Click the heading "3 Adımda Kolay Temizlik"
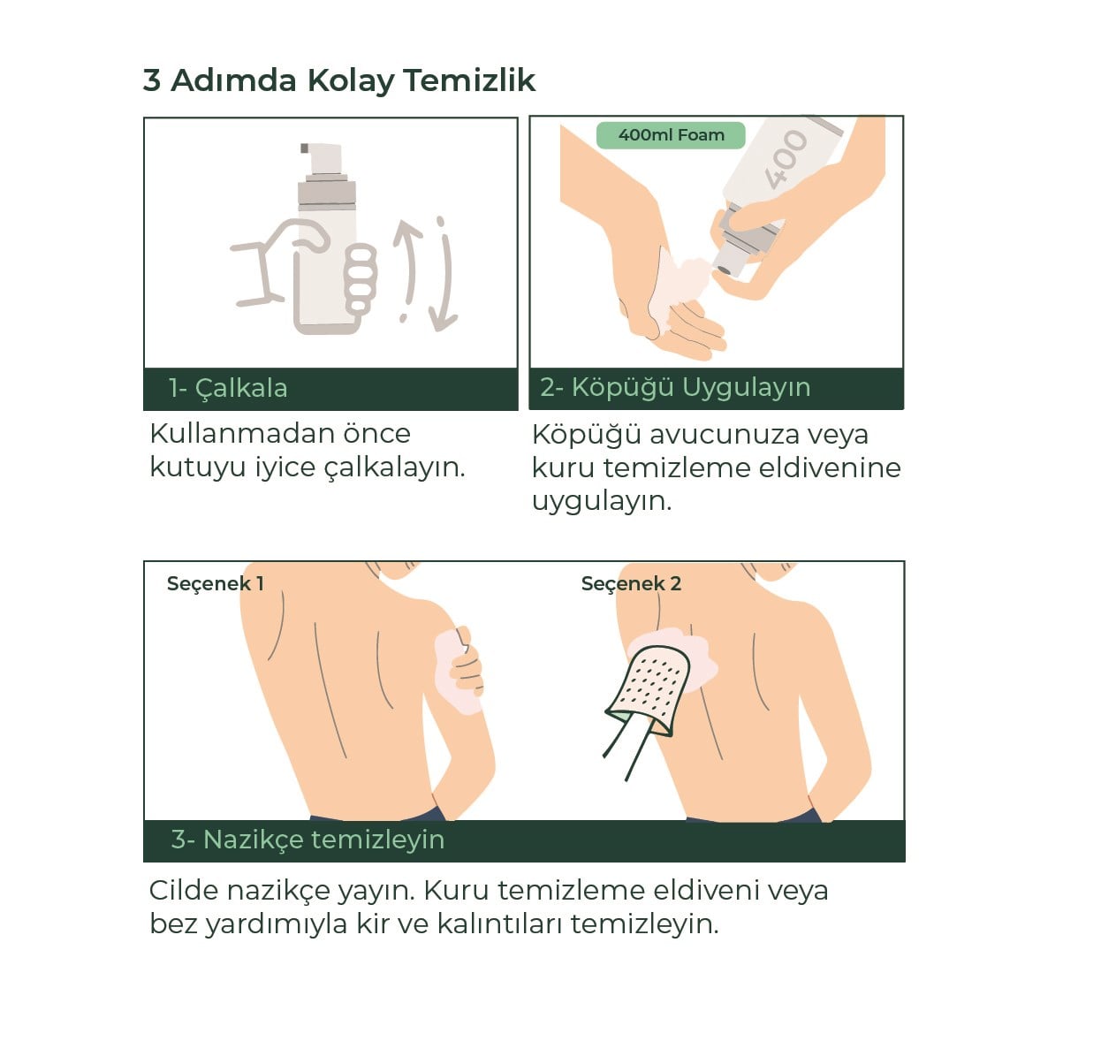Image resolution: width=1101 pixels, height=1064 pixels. coord(338,81)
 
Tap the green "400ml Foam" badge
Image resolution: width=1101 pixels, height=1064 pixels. coord(671,135)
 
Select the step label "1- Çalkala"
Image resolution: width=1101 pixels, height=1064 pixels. coord(228,388)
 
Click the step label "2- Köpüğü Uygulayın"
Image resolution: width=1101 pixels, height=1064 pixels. coord(675,388)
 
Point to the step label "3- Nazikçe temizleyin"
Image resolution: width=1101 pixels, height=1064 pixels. coord(308,840)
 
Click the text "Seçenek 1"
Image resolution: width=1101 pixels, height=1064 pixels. coord(215,583)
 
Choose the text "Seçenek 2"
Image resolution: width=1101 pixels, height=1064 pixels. coord(631,583)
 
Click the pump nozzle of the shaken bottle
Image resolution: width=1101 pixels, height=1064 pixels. coord(321,157)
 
